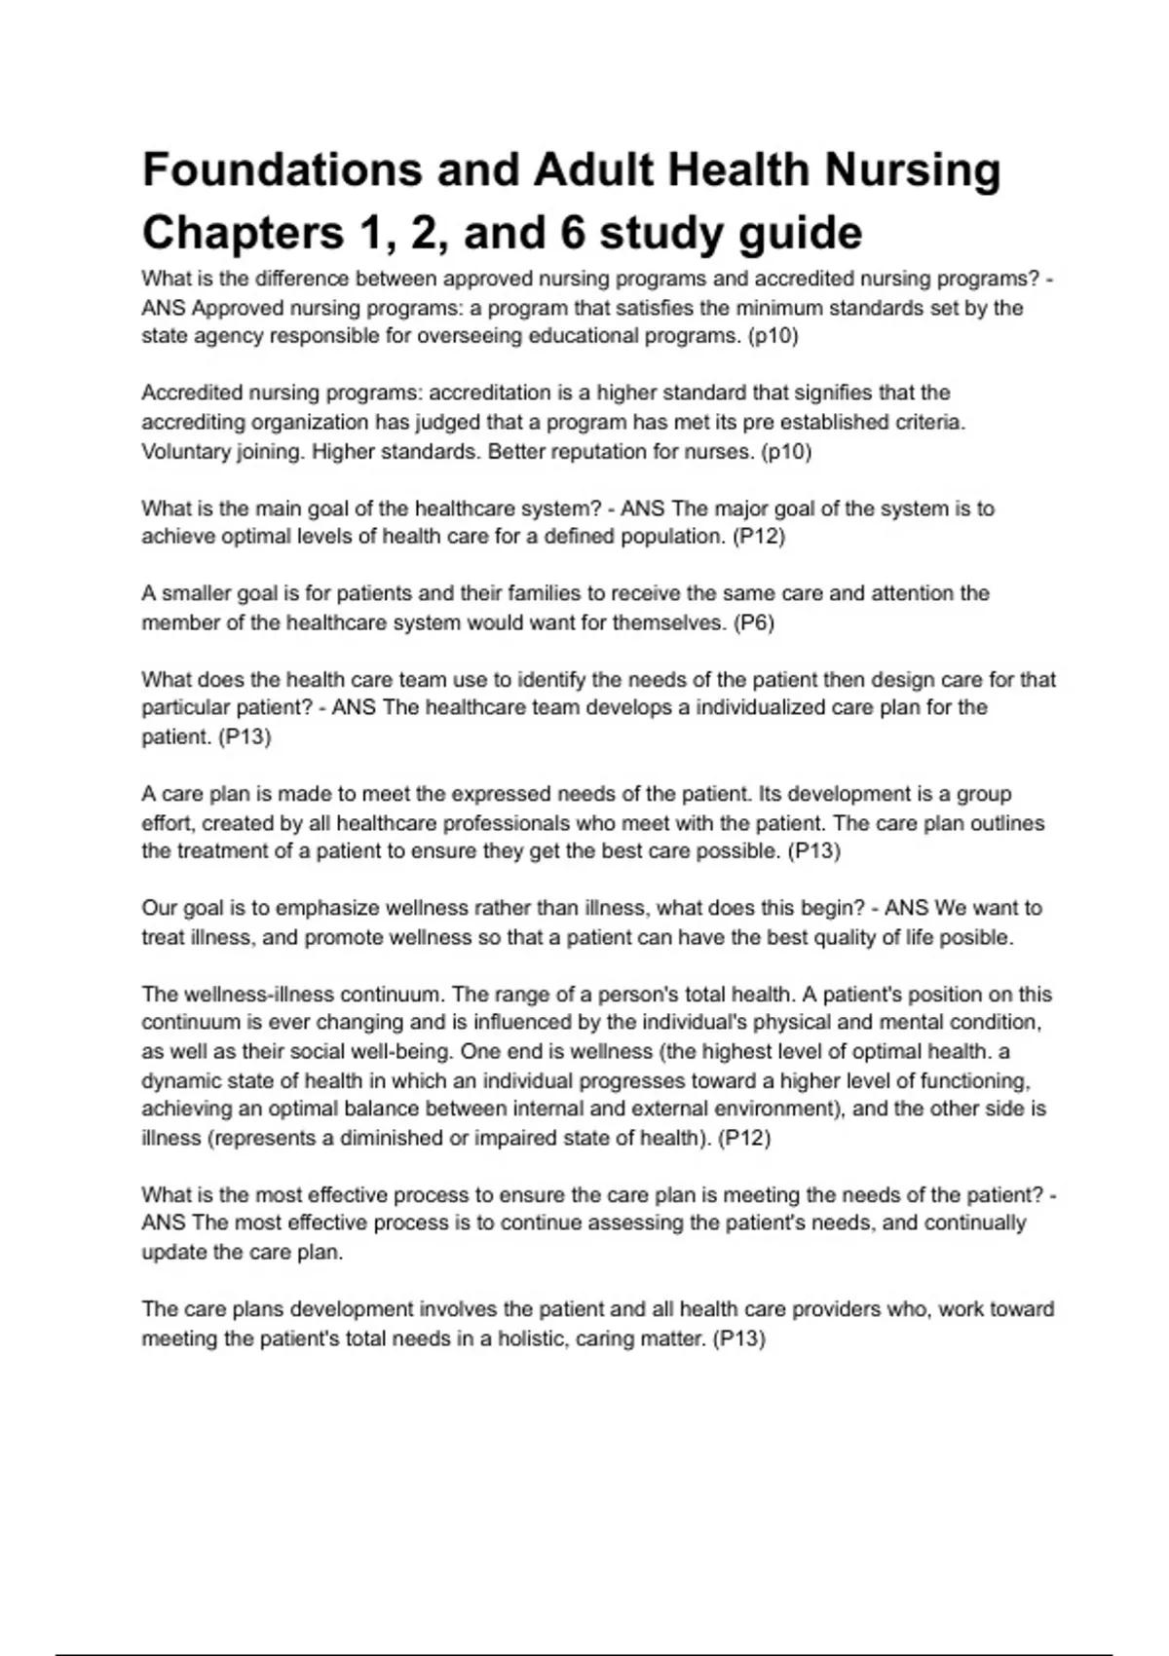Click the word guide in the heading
pyautogui.click(x=799, y=233)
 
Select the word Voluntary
pyautogui.click(x=184, y=452)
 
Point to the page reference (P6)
pyautogui.click(x=753, y=622)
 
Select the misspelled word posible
pyautogui.click(x=978, y=937)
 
